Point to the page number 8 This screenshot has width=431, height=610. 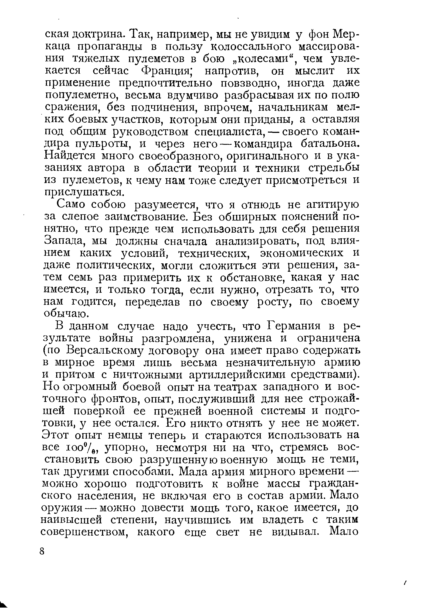42,551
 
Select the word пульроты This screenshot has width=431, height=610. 103,144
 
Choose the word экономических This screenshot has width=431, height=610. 301,253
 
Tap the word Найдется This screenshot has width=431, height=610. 69,156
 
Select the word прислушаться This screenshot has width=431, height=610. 81,192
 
